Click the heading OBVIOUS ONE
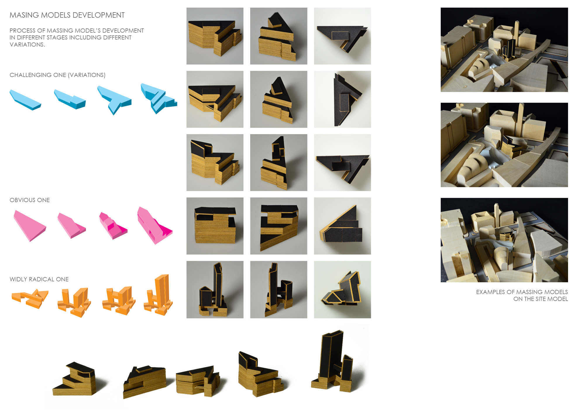30,200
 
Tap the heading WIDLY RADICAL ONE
39,279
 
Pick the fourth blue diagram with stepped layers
158,98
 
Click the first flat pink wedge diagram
30,226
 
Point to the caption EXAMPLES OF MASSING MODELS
522,292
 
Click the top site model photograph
504,50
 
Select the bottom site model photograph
504,240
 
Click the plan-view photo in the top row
342,36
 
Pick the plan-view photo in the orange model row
342,290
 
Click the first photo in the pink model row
215,226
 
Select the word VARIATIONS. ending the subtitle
27,45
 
